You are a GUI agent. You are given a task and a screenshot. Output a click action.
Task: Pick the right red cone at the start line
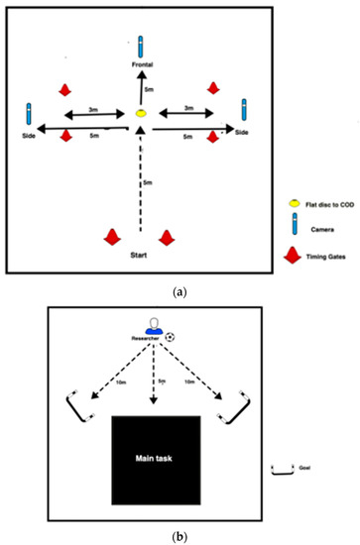(x=168, y=236)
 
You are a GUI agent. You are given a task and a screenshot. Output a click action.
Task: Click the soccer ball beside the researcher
(x=171, y=337)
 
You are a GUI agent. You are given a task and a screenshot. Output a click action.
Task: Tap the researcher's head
(x=153, y=324)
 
